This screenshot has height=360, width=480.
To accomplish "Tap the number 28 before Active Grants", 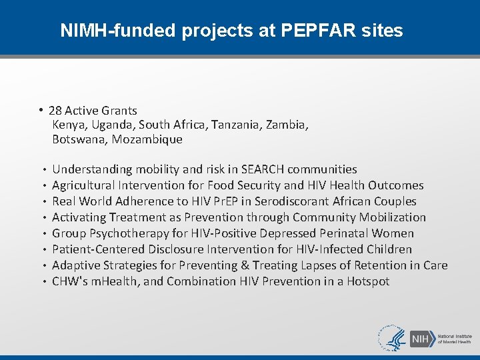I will [55, 111].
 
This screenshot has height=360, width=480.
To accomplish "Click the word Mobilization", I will [393, 217].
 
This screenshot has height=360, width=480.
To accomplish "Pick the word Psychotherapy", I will [119, 233].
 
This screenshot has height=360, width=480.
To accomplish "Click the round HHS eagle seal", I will [391, 338].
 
